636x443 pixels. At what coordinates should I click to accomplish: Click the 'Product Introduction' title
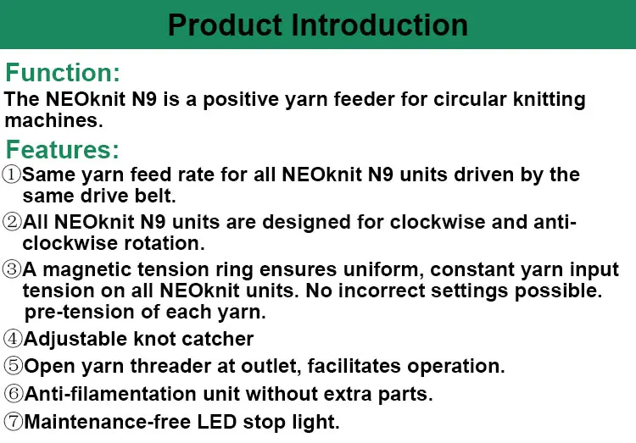coord(317,24)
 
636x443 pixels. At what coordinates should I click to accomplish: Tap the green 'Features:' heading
coord(63,150)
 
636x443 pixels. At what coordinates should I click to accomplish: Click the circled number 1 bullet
coord(12,175)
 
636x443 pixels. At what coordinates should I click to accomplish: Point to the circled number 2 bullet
coord(12,223)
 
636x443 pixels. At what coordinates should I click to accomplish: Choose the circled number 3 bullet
coord(12,270)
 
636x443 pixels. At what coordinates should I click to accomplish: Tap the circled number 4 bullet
coord(13,340)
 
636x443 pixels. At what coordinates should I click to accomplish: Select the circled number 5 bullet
coord(13,367)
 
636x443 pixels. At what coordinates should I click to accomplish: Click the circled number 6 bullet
coord(13,394)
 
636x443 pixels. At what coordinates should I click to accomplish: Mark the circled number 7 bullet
coord(13,421)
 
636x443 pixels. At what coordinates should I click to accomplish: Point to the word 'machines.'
coord(53,120)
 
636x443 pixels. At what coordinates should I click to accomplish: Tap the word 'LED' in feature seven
coord(223,421)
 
